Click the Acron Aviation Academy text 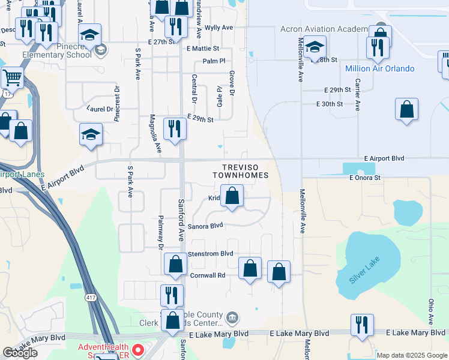[x=324, y=29]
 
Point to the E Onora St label [x=365, y=178]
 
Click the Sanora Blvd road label [x=205, y=226]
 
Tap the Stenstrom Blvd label [x=210, y=254]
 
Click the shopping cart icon [x=11, y=77]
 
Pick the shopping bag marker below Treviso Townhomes [x=232, y=196]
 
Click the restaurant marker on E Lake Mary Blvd [x=362, y=325]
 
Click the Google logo [x=20, y=353]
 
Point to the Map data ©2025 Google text [x=412, y=355]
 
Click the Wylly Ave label [x=218, y=28]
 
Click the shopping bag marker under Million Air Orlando [x=406, y=109]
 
